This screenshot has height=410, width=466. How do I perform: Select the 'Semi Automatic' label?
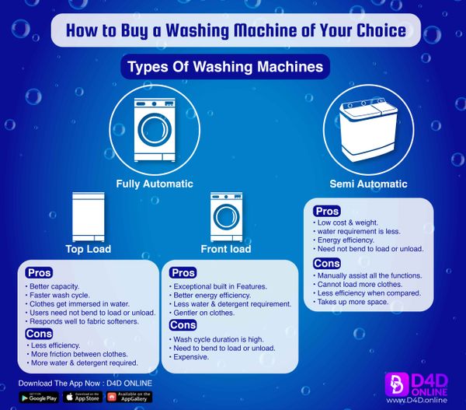coord(368,184)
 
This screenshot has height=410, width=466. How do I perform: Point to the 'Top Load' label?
coord(88,249)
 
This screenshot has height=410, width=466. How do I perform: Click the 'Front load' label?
coord(226,249)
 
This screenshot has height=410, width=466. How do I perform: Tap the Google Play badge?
coord(40,398)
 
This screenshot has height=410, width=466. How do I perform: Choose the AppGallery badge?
coord(130,398)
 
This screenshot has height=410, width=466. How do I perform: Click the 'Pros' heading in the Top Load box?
coord(39,273)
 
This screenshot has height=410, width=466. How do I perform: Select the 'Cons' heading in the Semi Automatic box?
coord(326,264)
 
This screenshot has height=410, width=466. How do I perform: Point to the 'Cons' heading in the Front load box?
coord(183,324)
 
